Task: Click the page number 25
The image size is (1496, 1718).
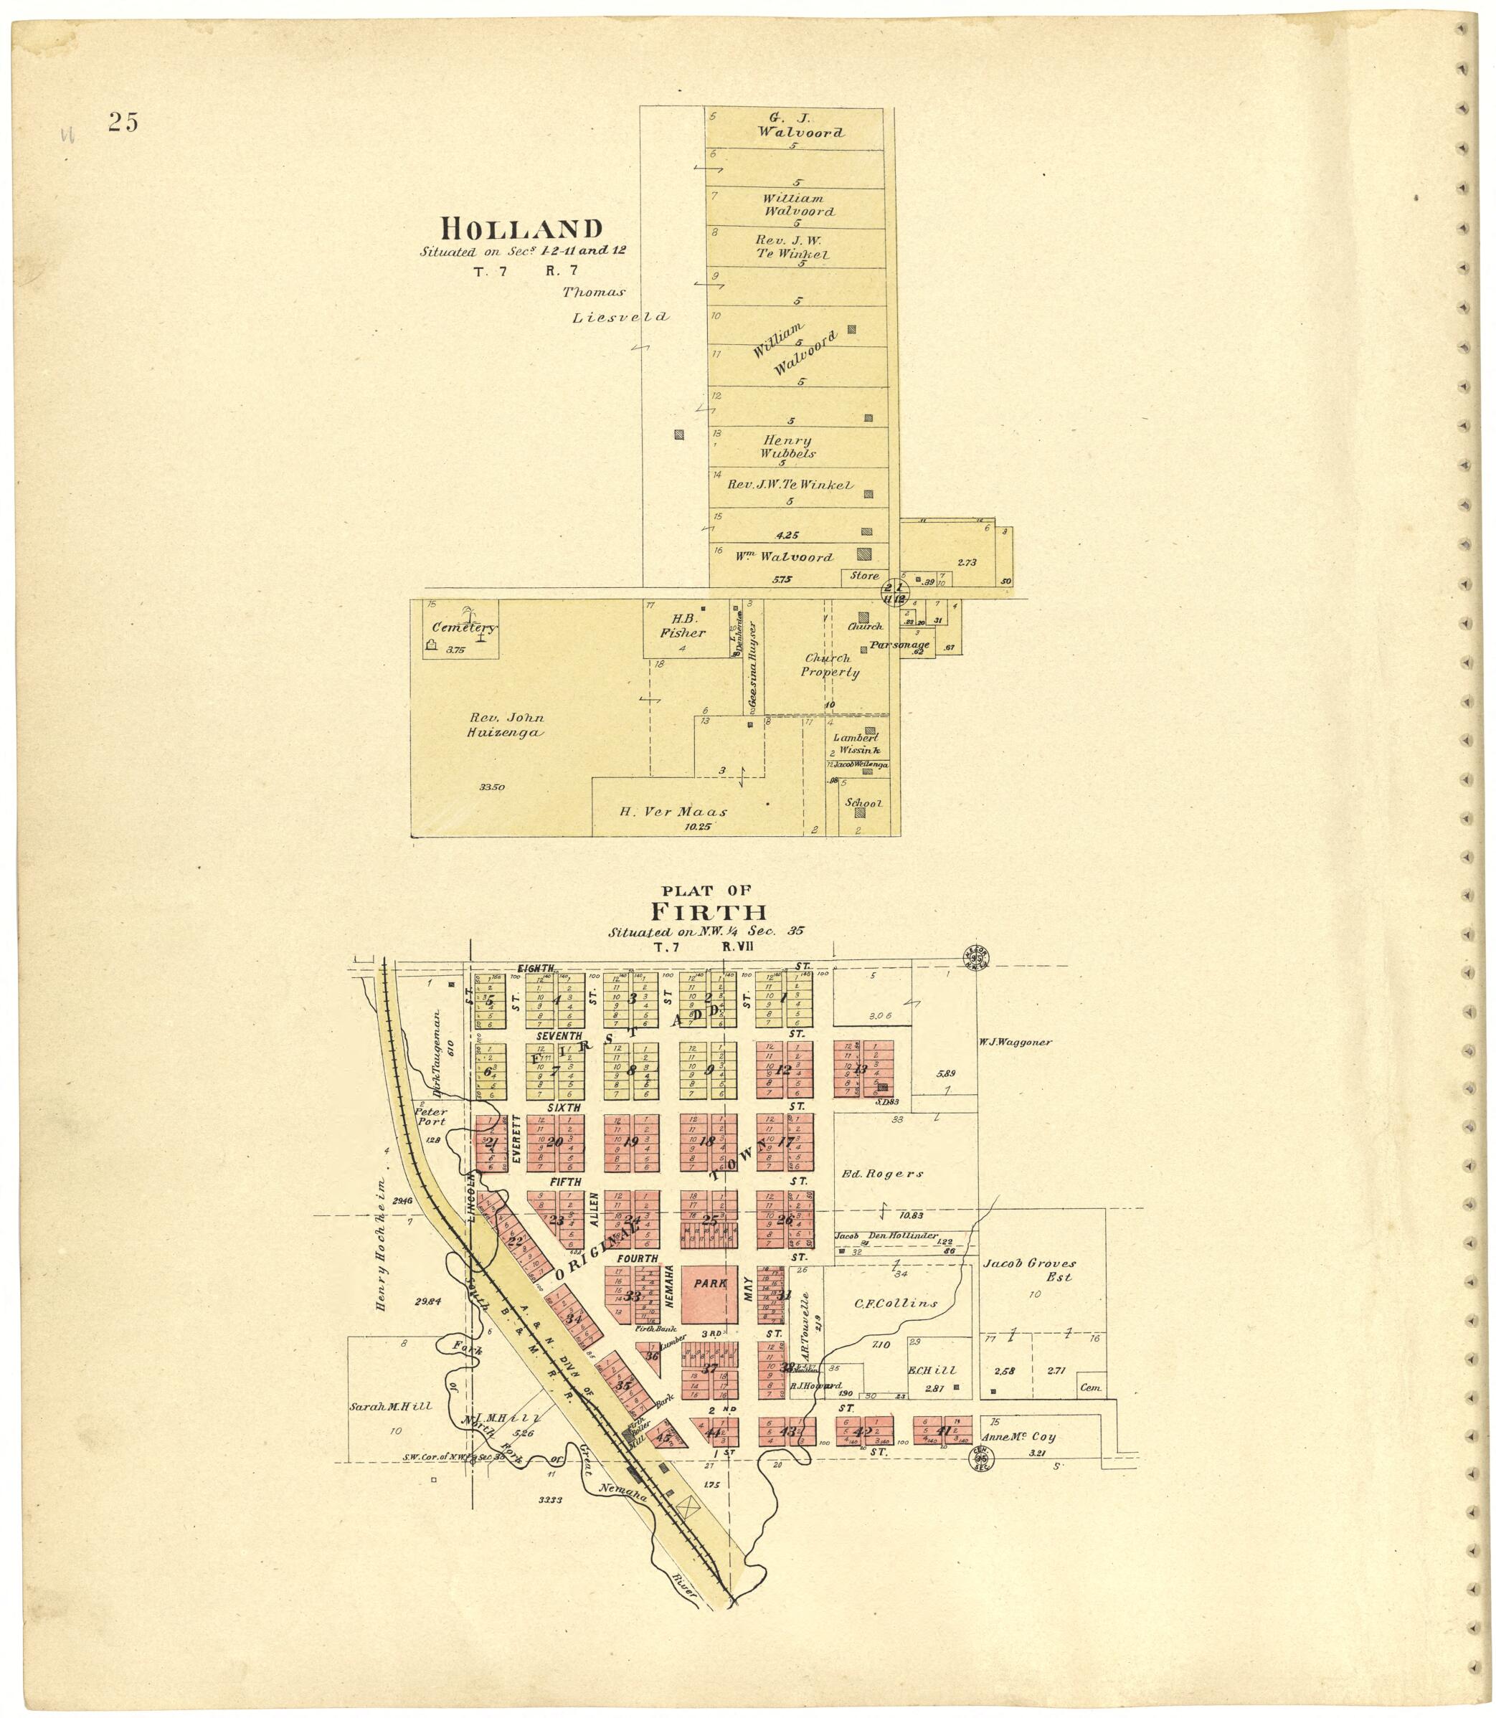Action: click(122, 122)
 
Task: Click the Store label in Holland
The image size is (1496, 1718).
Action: click(864, 576)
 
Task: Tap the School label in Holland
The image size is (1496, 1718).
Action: click(863, 803)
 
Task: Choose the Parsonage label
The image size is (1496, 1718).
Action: click(899, 645)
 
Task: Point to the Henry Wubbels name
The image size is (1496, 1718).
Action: click(787, 447)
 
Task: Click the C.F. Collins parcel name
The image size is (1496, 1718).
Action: click(896, 1302)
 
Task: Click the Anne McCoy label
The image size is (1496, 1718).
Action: click(1022, 1437)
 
